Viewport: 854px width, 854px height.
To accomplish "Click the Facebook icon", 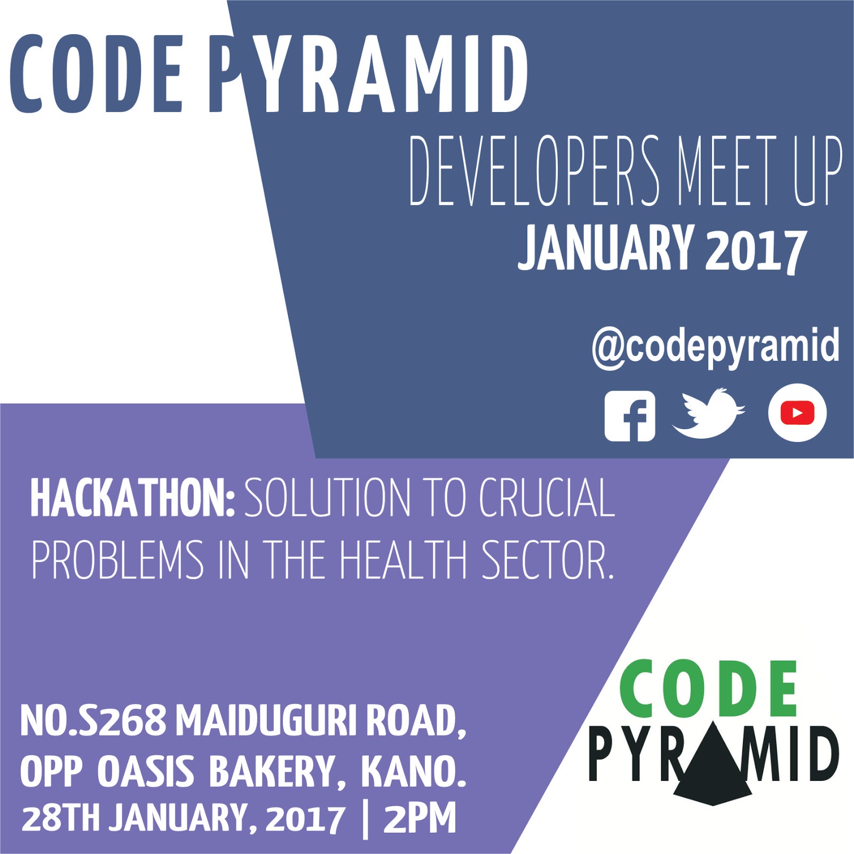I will coord(630,416).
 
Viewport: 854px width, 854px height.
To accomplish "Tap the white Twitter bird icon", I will coord(707,414).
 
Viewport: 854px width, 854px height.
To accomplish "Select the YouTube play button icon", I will coord(797,413).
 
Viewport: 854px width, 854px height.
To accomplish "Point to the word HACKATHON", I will coord(132,497).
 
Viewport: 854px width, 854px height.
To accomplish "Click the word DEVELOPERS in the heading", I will coord(534,170).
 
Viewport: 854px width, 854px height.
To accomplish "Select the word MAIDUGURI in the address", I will coord(266,720).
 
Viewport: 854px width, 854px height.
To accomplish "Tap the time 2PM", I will coord(420,819).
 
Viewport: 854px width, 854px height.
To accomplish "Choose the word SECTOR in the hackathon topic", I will coord(547,560).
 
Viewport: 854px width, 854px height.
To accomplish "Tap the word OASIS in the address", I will coord(146,772).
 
